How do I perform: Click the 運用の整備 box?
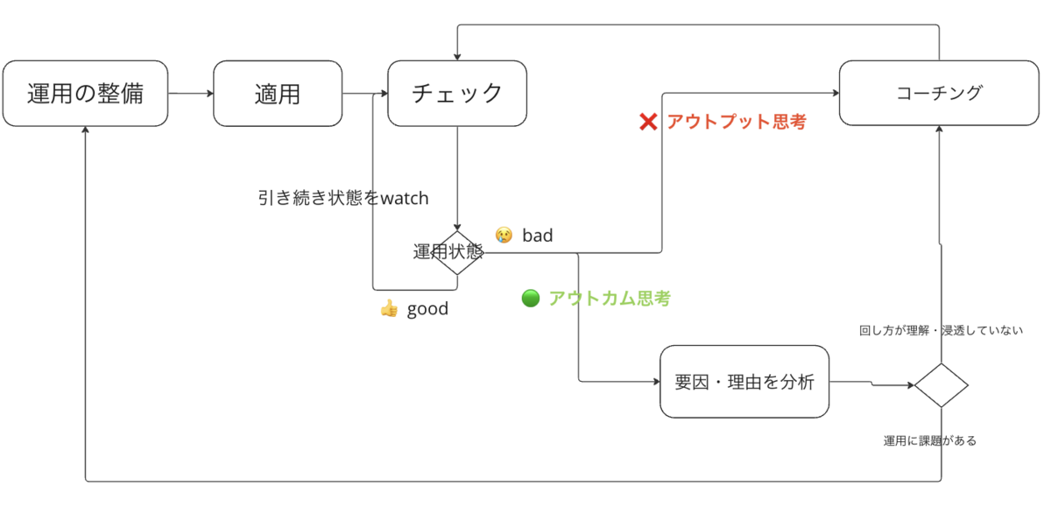point(86,94)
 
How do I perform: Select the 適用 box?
point(278,94)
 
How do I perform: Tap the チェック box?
point(457,94)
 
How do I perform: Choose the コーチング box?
point(939,93)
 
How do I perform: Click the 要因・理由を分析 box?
point(744,382)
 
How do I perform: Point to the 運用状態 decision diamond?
point(457,253)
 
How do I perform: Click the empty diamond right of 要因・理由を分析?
point(942,385)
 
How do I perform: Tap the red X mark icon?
point(648,122)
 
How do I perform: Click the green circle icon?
point(531,299)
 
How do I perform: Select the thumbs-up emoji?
point(389,308)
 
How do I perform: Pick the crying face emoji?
point(504,235)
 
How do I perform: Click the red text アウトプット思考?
point(737,122)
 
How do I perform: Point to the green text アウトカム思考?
point(610,299)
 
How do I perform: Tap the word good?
point(427,309)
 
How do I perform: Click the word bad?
point(538,236)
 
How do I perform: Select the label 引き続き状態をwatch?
point(343,198)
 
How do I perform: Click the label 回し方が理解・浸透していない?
point(941,331)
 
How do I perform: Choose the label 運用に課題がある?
point(930,440)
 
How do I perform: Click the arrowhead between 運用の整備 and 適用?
point(210,94)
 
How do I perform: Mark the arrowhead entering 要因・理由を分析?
point(657,381)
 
